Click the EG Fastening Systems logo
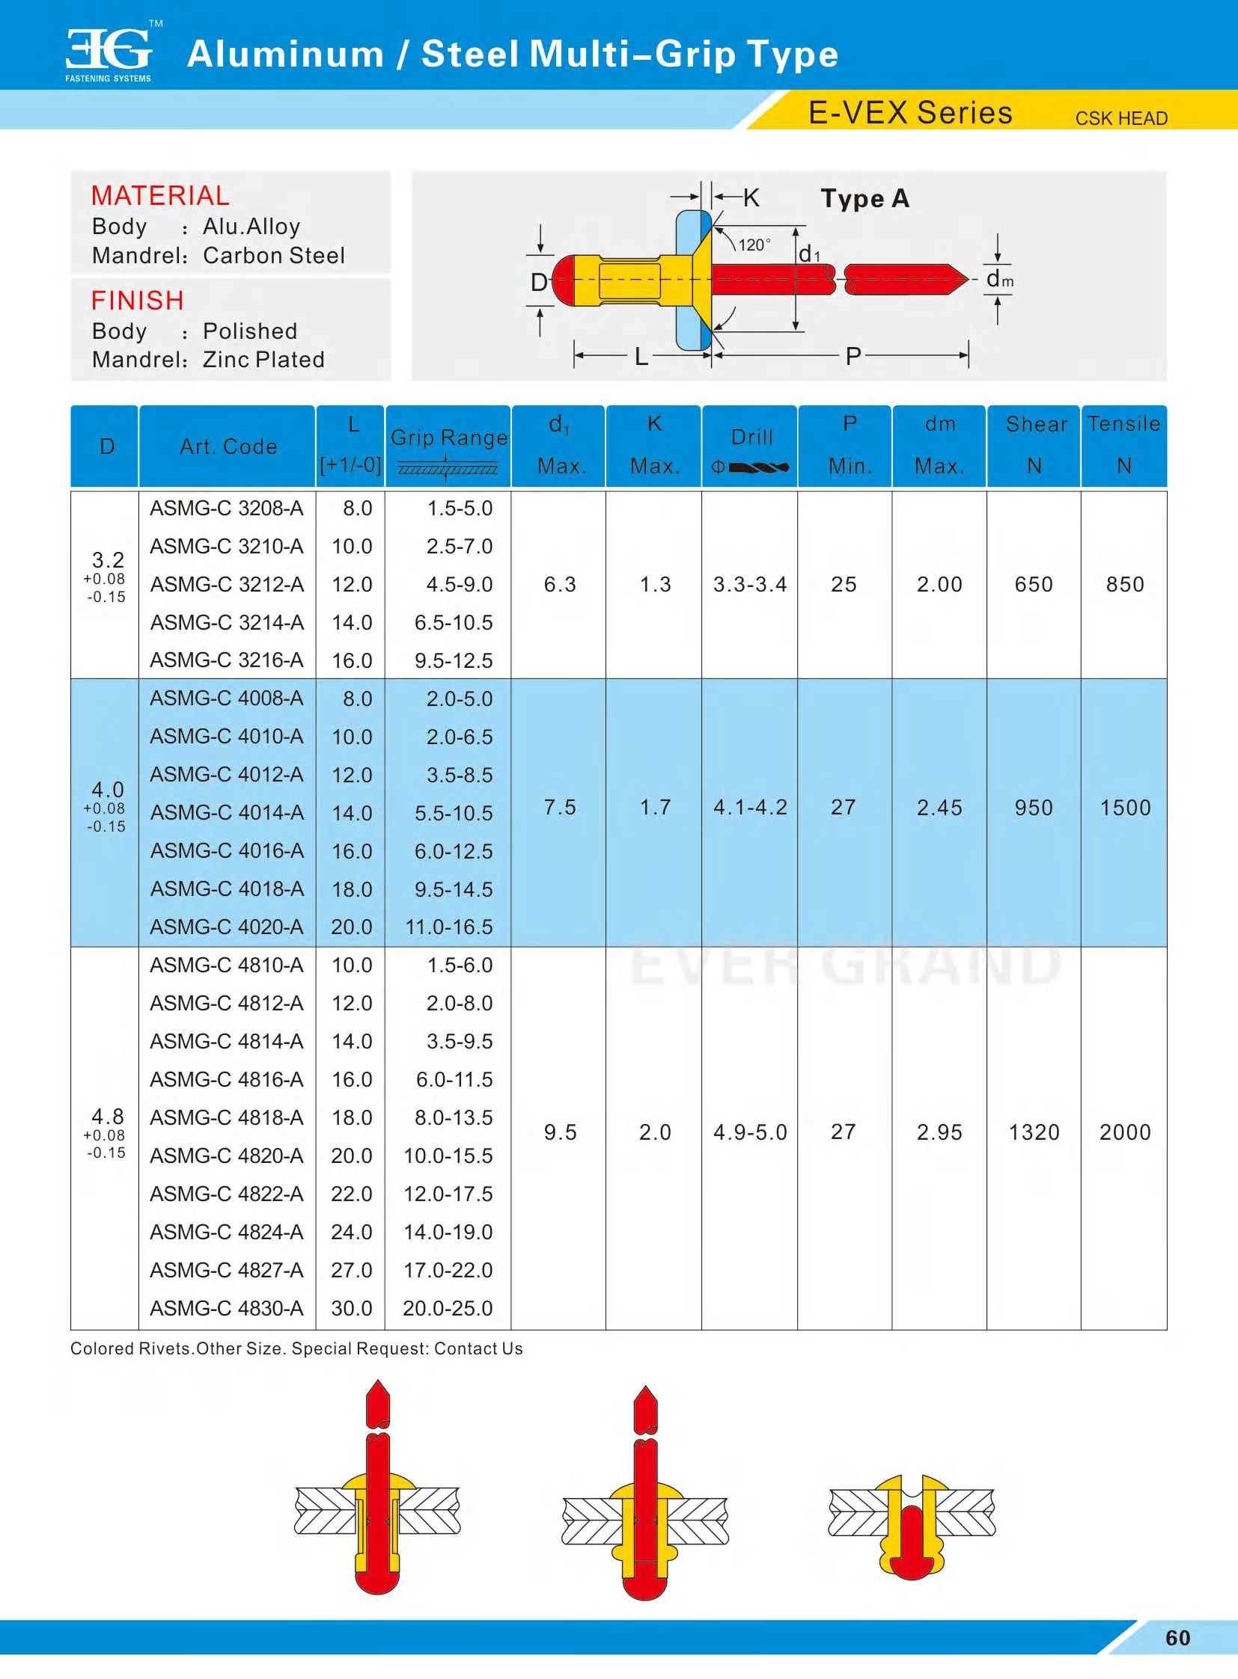tap(109, 52)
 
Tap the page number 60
tap(1177, 1638)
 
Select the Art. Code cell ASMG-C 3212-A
tap(227, 584)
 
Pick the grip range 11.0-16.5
tap(449, 927)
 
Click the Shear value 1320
tap(1034, 1132)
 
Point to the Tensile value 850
tap(1125, 584)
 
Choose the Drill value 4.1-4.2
tap(750, 807)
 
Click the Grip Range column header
tap(449, 438)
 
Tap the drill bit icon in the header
tap(758, 467)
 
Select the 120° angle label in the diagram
tap(754, 245)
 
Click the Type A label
tap(865, 198)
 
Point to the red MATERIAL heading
tap(160, 195)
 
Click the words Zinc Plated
tap(263, 360)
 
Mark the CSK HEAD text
tap(1121, 118)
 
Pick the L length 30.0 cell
tap(352, 1308)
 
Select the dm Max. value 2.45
tap(939, 807)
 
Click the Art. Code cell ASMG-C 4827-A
tap(227, 1270)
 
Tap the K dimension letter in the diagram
tap(751, 197)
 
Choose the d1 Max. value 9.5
tap(560, 1132)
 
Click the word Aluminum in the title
tap(285, 54)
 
